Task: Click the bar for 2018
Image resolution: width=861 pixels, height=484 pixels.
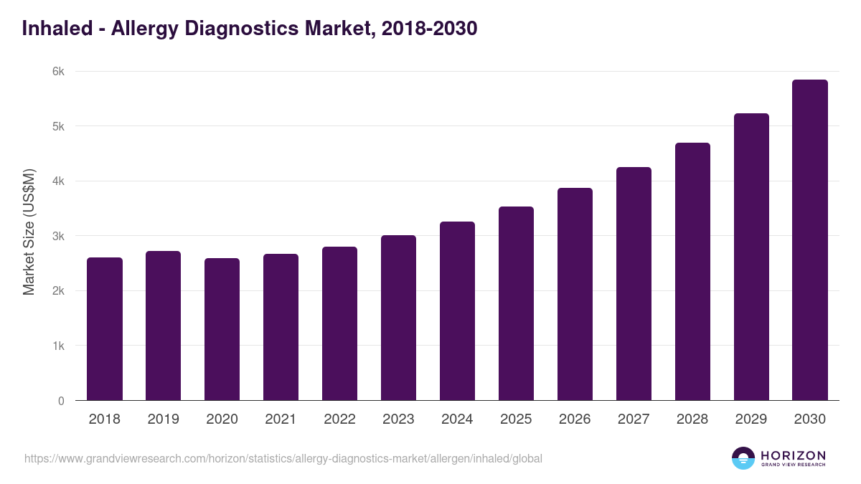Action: (105, 329)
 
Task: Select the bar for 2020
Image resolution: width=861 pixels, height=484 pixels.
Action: (222, 329)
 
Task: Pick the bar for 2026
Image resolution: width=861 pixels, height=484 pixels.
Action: (575, 294)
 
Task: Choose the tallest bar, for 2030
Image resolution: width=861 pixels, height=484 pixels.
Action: (810, 240)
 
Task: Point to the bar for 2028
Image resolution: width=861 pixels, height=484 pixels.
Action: (692, 272)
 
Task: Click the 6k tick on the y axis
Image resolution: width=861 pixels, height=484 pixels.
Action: (57, 72)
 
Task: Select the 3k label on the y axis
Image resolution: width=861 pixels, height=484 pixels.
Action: (57, 236)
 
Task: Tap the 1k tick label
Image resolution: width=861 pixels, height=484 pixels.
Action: (57, 346)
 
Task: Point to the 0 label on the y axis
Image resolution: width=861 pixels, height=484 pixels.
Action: (61, 401)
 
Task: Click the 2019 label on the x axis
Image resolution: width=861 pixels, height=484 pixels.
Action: (163, 419)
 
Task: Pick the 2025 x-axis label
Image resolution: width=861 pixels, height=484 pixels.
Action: (516, 419)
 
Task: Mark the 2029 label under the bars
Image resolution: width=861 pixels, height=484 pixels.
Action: (751, 419)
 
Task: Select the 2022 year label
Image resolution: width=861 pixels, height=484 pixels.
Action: (339, 419)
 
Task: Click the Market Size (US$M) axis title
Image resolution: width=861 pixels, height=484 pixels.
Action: (29, 232)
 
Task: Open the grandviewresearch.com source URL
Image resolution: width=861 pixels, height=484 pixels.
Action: (283, 458)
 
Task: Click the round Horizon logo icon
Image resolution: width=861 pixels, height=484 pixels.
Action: (743, 458)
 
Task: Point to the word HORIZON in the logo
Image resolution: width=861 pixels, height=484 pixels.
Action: (793, 455)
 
